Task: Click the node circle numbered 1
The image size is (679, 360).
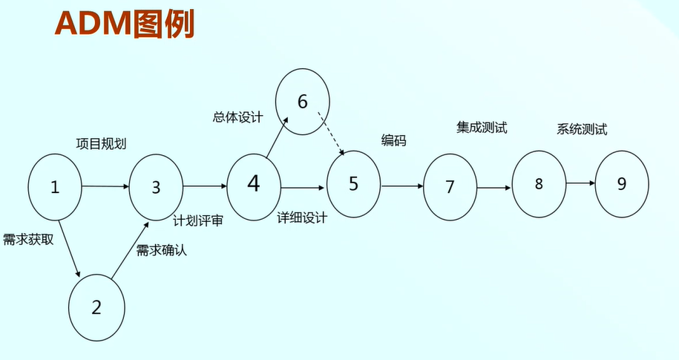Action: pos(55,186)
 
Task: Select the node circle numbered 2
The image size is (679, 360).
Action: pos(96,307)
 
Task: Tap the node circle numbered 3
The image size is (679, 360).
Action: pos(156,187)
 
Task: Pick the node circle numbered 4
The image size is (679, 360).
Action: pos(254,183)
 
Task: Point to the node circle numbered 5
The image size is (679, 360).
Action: pos(354,184)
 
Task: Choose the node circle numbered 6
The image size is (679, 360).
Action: pos(302,102)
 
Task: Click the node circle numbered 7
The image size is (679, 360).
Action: pos(450,187)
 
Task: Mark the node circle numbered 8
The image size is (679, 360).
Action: pos(539,184)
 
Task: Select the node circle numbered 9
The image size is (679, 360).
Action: pos(622,183)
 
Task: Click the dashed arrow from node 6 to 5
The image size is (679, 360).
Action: pos(332,134)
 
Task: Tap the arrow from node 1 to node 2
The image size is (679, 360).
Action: pos(68,244)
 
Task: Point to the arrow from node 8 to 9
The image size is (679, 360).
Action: pos(580,183)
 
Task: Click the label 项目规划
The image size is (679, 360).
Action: pos(101,144)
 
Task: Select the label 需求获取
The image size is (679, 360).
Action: pos(28,240)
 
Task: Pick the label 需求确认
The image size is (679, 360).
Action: pos(162,250)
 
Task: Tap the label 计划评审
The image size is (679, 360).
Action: pos(198,220)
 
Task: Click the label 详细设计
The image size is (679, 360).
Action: pos(302,218)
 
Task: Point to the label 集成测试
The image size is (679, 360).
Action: pos(482,127)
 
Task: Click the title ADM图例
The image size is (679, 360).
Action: pos(125,24)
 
